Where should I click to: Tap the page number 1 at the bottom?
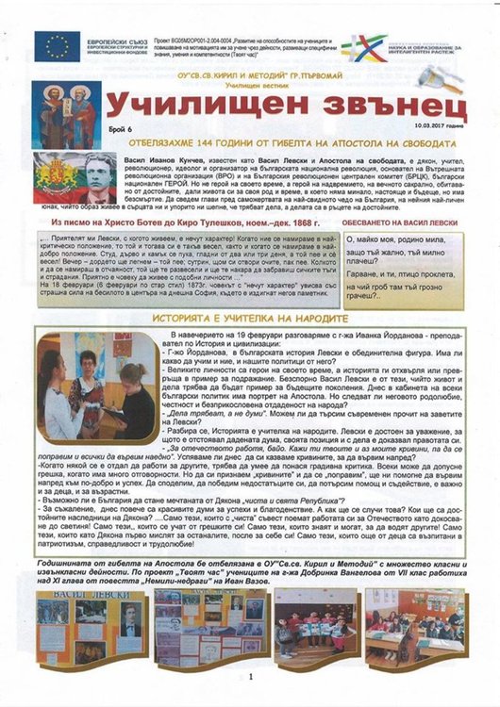(251, 676)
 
